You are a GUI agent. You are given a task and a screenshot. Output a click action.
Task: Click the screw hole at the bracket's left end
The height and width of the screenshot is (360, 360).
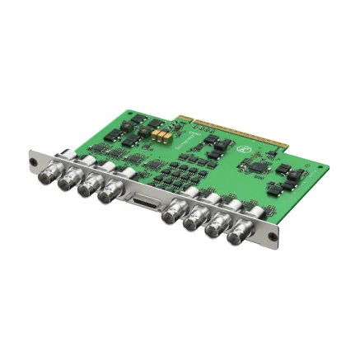coord(33,160)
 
